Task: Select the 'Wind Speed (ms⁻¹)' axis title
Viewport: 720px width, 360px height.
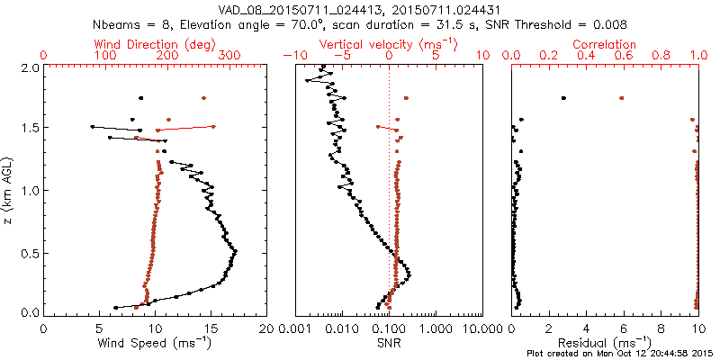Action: coord(155,343)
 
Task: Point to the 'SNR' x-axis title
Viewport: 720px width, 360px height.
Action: coord(389,343)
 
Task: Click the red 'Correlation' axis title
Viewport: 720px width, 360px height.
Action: coord(605,44)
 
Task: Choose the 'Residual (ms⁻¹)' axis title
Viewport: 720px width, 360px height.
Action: coord(605,343)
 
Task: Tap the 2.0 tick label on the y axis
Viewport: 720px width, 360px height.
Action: coord(29,67)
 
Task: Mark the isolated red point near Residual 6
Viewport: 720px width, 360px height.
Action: coord(621,97)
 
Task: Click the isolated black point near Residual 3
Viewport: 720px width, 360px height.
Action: coord(563,97)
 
